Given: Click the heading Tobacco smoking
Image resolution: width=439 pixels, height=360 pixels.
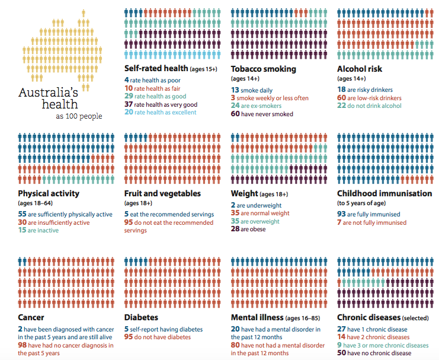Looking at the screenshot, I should coord(263,69).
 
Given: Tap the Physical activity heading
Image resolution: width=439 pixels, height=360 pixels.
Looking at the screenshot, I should coord(49,193).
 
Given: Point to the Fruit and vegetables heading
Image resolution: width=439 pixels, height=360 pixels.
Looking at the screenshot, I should coord(162,193).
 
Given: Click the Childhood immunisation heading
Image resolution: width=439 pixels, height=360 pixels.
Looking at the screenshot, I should coord(384,193).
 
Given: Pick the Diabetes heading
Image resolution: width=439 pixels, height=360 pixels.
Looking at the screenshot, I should coord(141,318).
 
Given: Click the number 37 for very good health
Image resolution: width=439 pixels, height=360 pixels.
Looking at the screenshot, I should coord(129,104).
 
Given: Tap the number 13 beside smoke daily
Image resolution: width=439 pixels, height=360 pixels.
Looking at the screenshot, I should coord(235,90).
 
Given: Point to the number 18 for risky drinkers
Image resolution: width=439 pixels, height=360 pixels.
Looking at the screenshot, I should coord(341,90).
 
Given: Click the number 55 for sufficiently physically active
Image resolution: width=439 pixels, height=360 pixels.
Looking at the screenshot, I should coord(23,214).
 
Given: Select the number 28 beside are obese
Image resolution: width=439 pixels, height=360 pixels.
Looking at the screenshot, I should coord(235,230).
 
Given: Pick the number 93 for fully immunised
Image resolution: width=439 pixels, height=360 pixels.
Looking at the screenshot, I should coord(341,214).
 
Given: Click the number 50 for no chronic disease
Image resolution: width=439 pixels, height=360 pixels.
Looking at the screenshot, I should coord(341,353).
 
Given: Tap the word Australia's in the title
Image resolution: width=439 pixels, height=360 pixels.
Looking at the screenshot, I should coord(49,93).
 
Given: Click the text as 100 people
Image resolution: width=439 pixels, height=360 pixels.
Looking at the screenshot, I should coord(79,116).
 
